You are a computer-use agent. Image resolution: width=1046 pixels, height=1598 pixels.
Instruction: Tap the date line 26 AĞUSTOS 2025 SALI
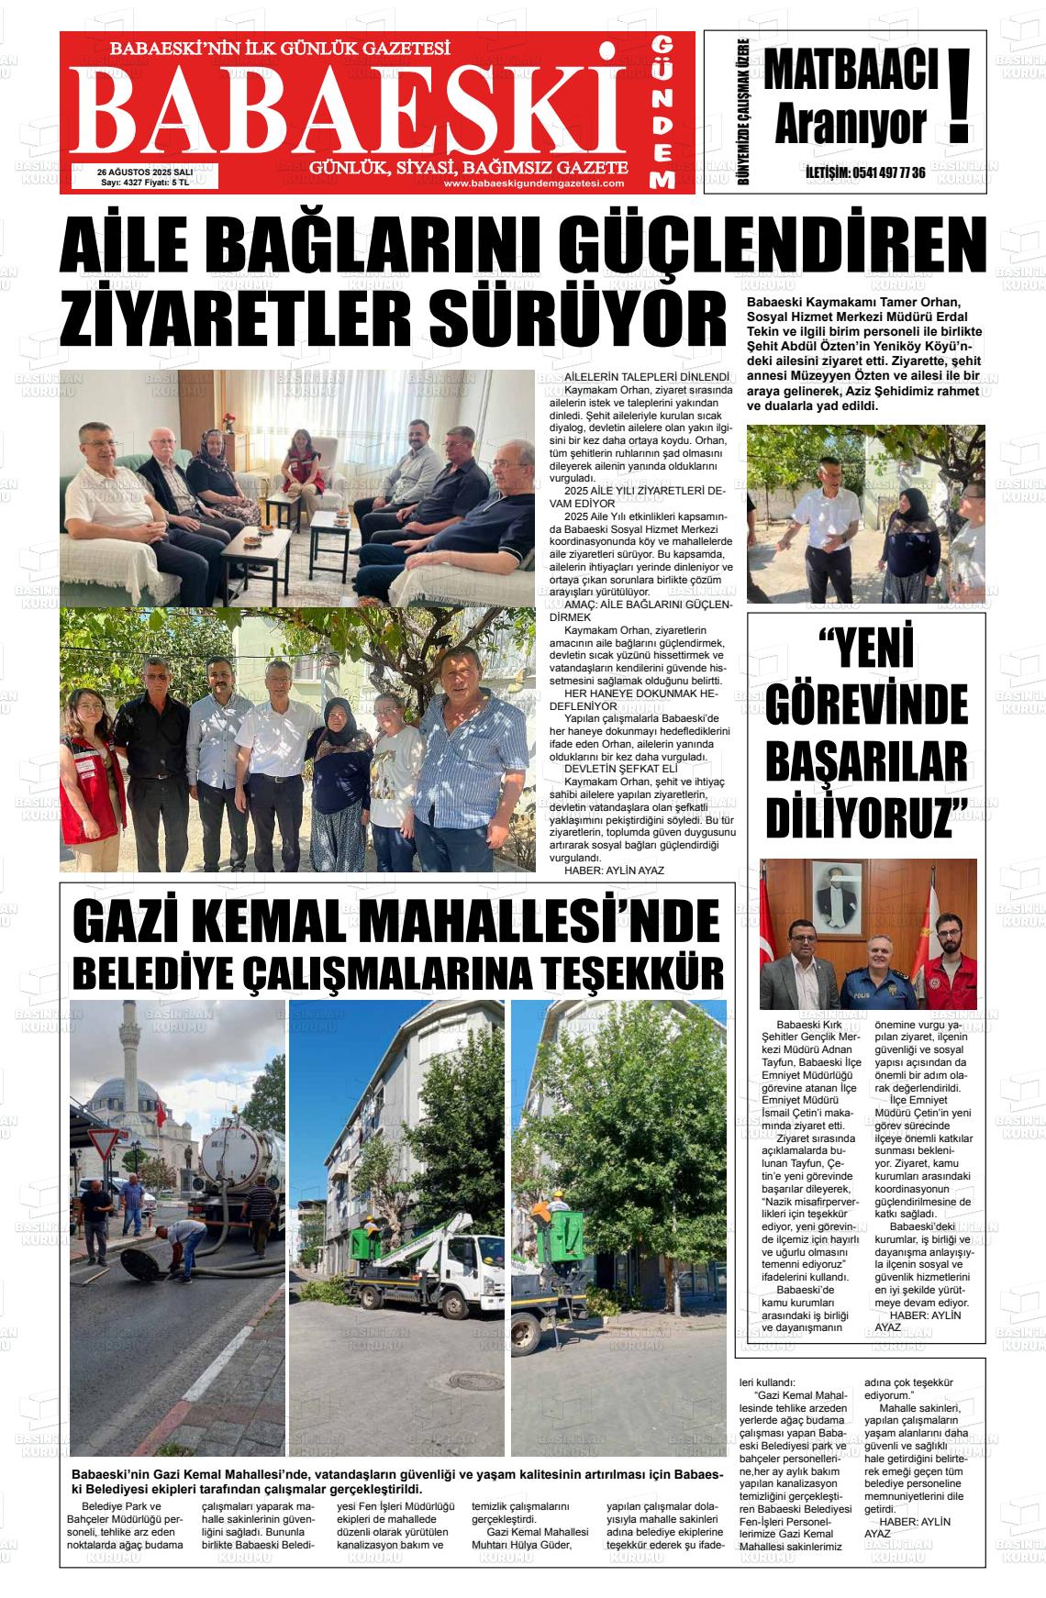(x=145, y=172)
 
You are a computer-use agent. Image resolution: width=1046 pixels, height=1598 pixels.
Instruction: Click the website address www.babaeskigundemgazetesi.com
(x=533, y=183)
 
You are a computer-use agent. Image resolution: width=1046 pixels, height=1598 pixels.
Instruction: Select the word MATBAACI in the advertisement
(x=851, y=72)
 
